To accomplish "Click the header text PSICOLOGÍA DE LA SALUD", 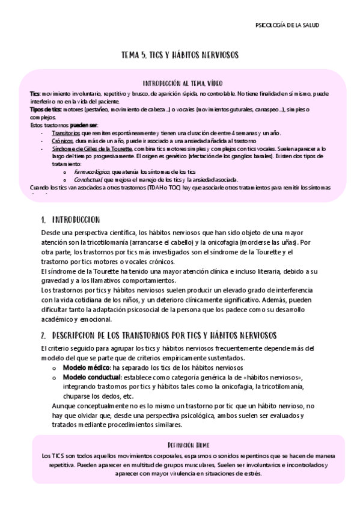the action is [287, 25].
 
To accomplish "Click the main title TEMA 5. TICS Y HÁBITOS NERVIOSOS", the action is [180, 55].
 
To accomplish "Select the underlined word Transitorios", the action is [66, 133].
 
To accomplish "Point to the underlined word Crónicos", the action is [63, 140].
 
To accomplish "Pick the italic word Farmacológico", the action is [93, 171].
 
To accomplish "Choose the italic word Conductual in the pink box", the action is [87, 179].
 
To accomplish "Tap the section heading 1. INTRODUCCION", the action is [70, 220].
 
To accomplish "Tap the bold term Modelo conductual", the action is [91, 377].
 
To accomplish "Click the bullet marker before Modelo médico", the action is [55, 367].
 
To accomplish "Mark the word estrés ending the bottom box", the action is [252, 473].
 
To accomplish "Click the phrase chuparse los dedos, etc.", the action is [98, 396].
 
